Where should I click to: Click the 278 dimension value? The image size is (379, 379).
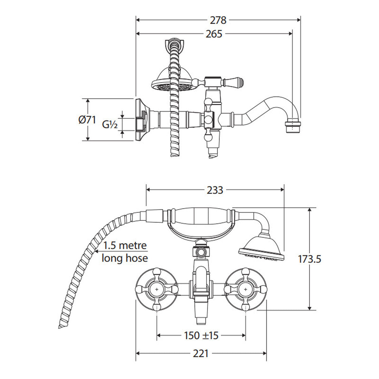pyautogui.click(x=218, y=20)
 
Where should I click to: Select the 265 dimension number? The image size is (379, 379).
pyautogui.click(x=214, y=34)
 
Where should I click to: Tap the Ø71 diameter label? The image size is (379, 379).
pyautogui.click(x=87, y=120)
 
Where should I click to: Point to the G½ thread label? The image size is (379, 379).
pyautogui.click(x=110, y=124)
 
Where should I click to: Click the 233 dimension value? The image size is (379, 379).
pyautogui.click(x=215, y=190)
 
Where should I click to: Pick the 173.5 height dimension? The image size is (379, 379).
pyautogui.click(x=310, y=259)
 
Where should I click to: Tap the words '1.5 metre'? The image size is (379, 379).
pyautogui.click(x=125, y=246)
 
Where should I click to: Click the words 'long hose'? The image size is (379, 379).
pyautogui.click(x=125, y=258)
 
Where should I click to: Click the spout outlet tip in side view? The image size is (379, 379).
pyautogui.click(x=293, y=128)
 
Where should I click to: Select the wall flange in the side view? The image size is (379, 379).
pyautogui.click(x=141, y=120)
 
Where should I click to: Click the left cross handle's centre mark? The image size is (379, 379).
pyautogui.click(x=157, y=290)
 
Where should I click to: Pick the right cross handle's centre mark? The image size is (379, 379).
pyautogui.click(x=245, y=290)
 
